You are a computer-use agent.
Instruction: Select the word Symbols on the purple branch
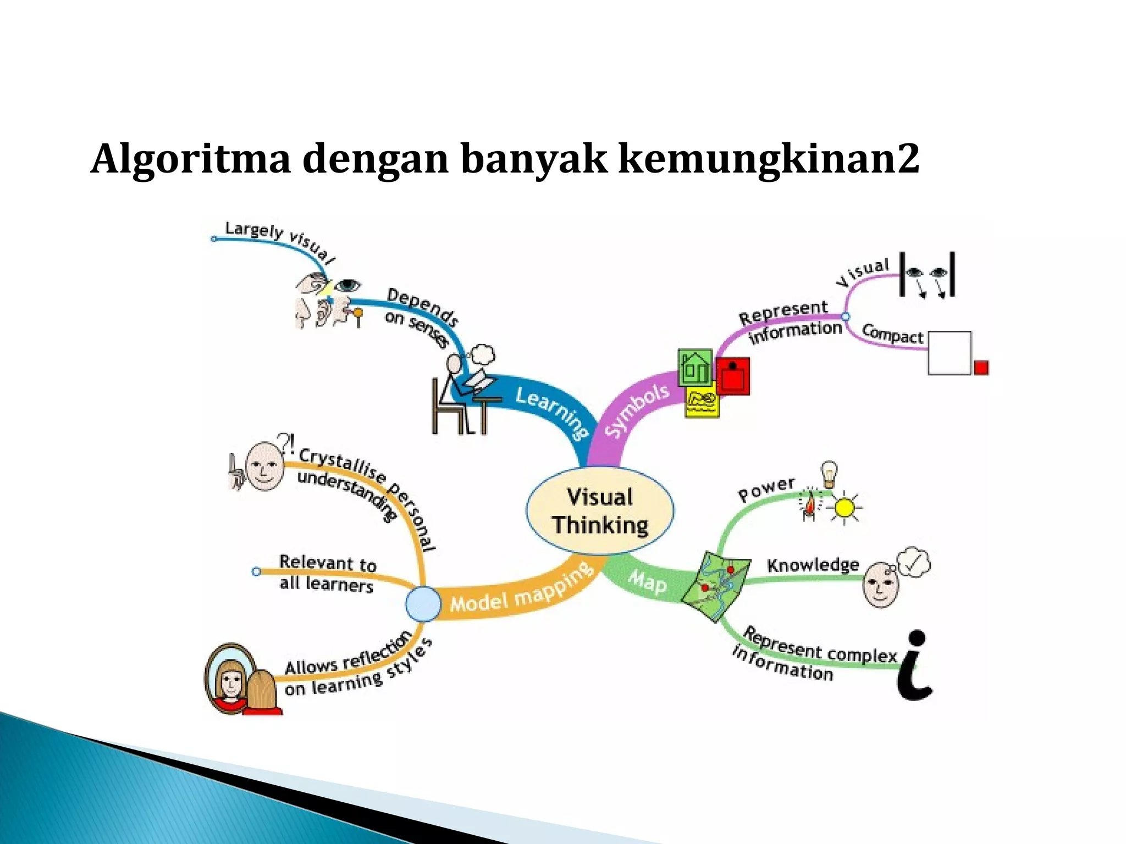coord(636,409)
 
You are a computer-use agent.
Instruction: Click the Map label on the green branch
coord(647,581)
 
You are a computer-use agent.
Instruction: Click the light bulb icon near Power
coord(829,473)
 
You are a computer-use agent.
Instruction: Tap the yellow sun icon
coord(844,508)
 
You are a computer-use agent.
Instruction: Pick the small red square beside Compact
coord(981,367)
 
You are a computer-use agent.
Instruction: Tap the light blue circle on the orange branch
coord(423,603)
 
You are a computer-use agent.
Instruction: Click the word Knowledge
coord(812,565)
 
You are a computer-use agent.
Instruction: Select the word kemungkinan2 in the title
coord(768,158)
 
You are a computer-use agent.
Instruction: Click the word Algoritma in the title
coord(190,158)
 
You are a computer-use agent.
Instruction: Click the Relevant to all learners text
coord(327,573)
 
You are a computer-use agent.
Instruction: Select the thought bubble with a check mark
coord(913,562)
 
